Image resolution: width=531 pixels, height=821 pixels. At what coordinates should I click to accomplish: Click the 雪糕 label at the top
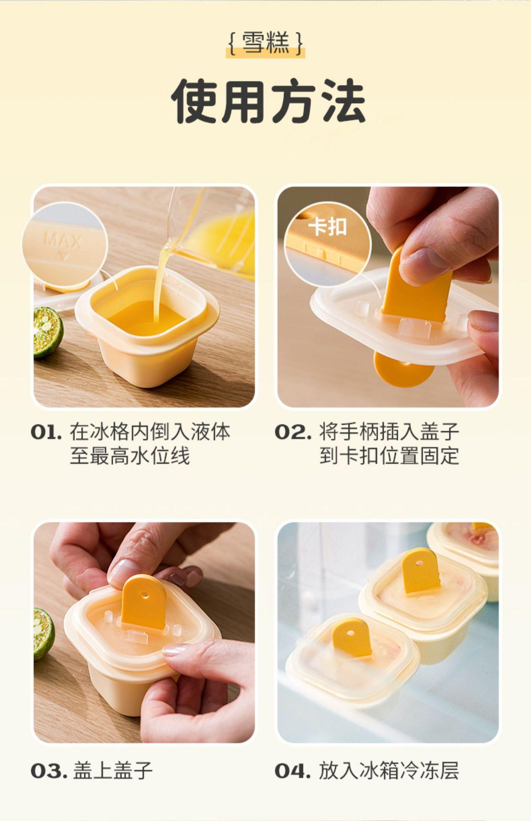point(265,43)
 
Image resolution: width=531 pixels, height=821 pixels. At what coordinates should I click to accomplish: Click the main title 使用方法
point(268,101)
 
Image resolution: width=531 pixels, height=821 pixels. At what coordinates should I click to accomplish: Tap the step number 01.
point(46,432)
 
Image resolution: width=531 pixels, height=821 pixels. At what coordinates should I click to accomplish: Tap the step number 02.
point(293,432)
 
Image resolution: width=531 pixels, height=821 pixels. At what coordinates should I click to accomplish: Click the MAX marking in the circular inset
point(63,241)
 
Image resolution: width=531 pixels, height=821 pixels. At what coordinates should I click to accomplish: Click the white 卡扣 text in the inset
point(329,226)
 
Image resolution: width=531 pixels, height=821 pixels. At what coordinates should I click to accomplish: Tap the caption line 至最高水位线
point(130,456)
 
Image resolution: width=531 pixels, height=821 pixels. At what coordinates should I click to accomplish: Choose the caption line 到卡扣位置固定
point(389,456)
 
